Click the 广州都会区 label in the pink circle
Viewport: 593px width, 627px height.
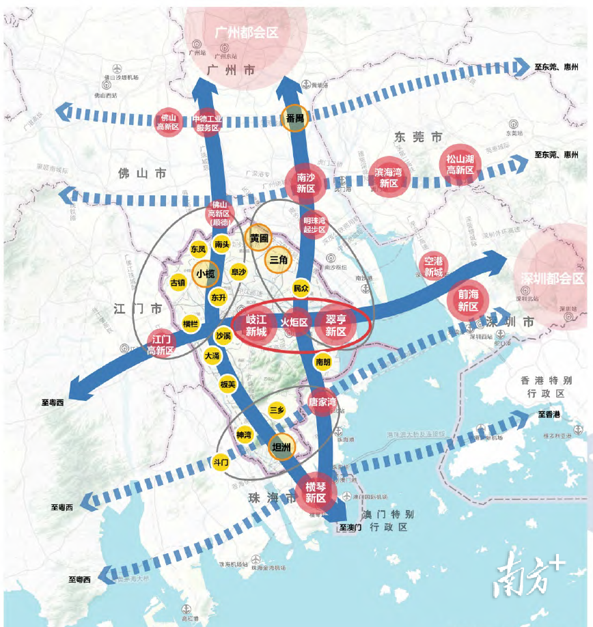tap(247, 32)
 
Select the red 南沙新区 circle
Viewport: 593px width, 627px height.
tap(305, 182)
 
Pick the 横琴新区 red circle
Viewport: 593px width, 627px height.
tap(316, 491)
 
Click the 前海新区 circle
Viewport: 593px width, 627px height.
tap(468, 301)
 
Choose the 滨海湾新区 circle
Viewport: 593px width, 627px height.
tap(389, 178)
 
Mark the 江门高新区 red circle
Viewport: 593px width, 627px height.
tap(161, 344)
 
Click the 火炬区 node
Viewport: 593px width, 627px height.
tap(296, 322)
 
